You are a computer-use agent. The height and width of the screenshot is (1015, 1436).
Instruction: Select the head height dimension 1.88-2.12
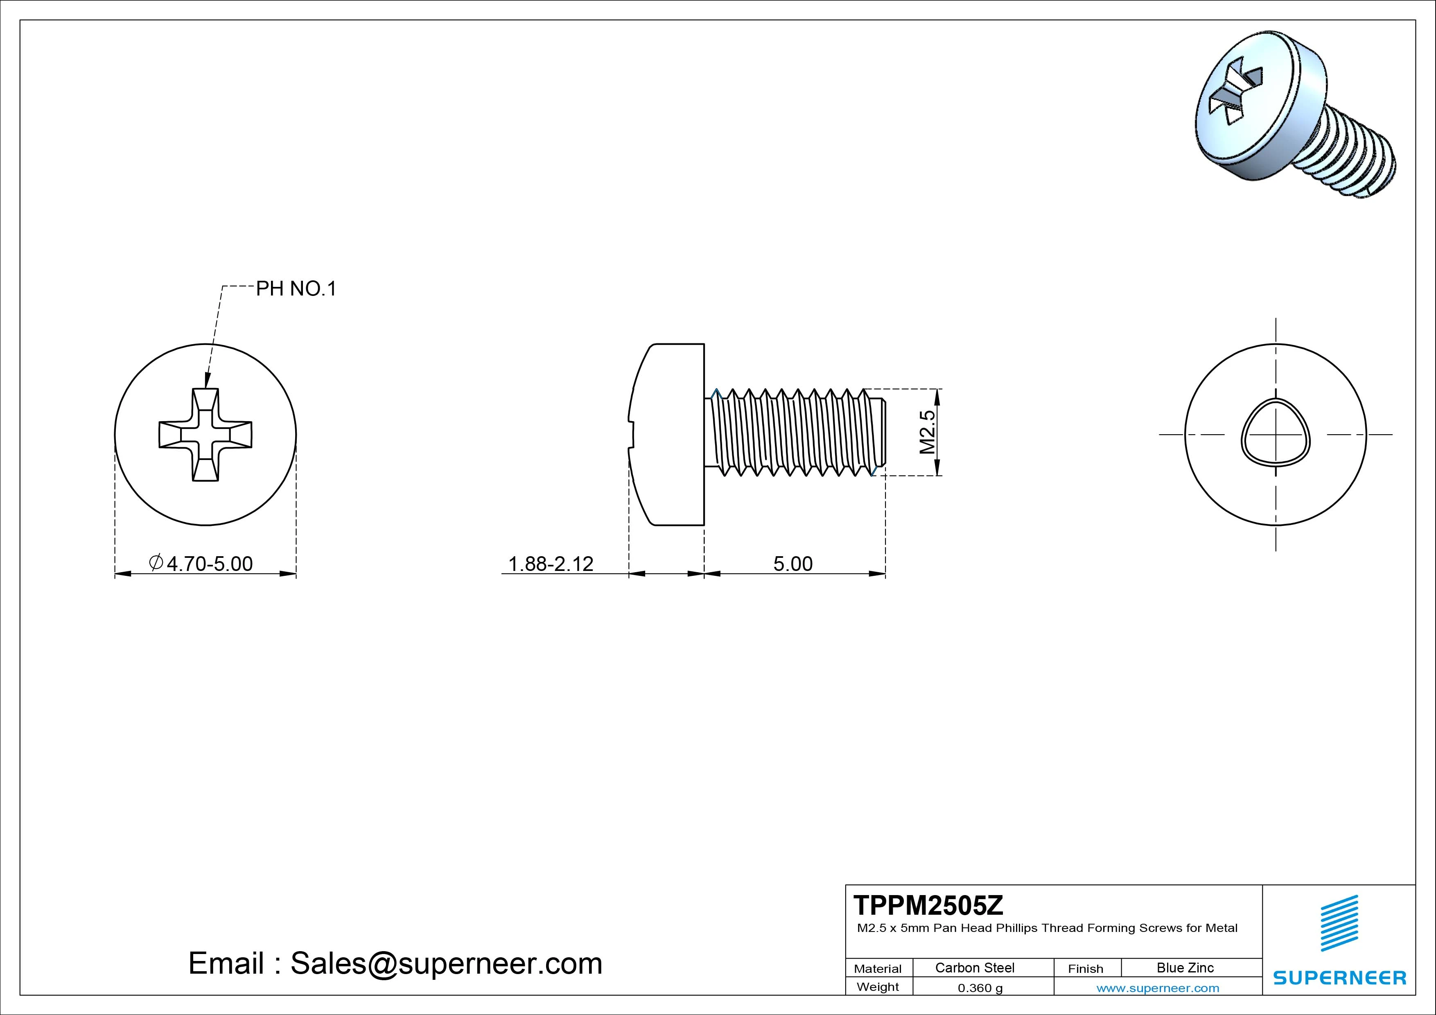click(551, 564)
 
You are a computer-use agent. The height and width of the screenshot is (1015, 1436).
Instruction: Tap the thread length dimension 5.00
click(793, 564)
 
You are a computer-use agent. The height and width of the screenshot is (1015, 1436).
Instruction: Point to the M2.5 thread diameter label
click(928, 431)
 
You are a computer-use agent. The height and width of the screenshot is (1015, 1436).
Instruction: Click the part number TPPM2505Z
click(928, 905)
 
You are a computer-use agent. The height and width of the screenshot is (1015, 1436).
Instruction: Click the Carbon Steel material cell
click(974, 968)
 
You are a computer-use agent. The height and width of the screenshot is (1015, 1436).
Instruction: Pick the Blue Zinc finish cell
click(1185, 968)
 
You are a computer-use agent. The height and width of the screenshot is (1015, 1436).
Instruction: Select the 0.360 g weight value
click(980, 988)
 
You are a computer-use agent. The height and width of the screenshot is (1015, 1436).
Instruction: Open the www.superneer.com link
click(1157, 988)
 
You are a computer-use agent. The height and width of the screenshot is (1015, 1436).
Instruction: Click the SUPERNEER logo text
click(1339, 977)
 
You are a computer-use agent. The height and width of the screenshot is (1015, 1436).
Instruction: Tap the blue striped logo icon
click(1339, 923)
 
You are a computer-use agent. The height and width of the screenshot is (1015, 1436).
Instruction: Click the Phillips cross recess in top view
click(205, 435)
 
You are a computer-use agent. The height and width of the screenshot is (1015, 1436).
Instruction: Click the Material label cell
click(878, 968)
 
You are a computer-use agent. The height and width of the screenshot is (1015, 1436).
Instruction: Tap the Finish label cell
click(1085, 968)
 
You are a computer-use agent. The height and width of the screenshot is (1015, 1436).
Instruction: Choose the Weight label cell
click(878, 987)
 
